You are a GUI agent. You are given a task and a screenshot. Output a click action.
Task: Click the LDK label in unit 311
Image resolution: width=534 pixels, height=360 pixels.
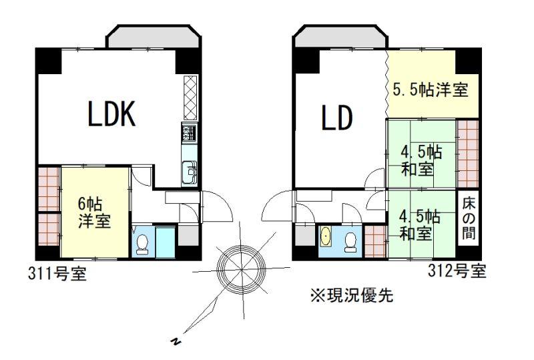point(111,114)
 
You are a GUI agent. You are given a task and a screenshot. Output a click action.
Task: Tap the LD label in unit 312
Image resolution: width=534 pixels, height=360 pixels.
point(337,118)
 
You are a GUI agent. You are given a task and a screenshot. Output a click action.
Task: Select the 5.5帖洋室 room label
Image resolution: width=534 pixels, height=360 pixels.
point(431,89)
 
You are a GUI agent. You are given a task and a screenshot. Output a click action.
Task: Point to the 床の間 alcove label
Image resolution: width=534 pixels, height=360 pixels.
point(469,218)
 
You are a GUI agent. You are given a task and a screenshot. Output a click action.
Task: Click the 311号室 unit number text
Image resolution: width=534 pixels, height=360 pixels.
point(57,273)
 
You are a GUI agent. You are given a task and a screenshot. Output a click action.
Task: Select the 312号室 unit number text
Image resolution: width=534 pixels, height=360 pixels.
point(457,271)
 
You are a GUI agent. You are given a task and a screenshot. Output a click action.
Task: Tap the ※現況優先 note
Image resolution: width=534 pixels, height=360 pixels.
point(352,295)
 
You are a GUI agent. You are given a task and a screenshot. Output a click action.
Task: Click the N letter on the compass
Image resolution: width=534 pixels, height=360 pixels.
point(176,341)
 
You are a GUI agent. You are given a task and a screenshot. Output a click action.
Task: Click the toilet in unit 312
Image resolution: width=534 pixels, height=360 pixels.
point(350,242)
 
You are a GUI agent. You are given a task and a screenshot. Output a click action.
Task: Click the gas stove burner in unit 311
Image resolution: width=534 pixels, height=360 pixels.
point(190,134)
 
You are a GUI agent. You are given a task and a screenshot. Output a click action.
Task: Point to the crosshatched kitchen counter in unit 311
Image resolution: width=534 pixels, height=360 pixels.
point(190,98)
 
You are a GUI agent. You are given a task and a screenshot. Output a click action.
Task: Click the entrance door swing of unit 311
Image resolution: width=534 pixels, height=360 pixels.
point(218,206)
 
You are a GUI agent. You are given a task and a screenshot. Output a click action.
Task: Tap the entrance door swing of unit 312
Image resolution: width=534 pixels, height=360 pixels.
point(277,206)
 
